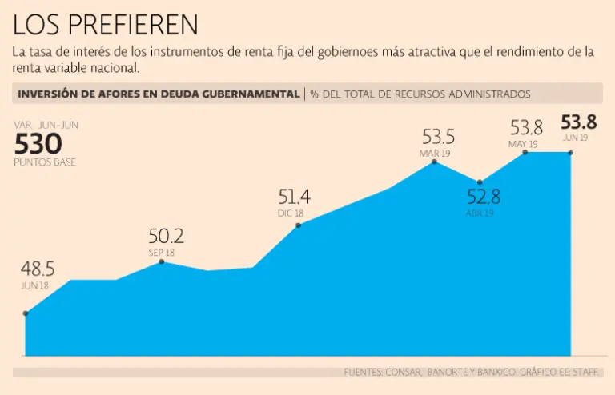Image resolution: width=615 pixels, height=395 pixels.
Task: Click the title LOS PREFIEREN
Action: (106, 25)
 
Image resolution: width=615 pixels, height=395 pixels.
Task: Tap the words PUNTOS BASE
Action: (46, 162)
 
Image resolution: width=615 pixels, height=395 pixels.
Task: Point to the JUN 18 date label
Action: (35, 285)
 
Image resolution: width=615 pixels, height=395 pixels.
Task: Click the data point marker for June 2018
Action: (26, 313)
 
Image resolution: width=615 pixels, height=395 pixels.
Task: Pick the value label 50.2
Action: (166, 236)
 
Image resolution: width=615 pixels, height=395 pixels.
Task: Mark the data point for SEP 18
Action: (162, 261)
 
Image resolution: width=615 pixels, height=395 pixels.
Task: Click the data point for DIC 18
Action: (298, 225)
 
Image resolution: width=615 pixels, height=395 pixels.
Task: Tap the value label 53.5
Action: (438, 136)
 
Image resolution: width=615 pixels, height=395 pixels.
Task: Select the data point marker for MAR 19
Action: (435, 162)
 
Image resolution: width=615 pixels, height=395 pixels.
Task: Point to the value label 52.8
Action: (483, 197)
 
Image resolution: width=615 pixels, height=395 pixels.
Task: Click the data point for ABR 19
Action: (480, 182)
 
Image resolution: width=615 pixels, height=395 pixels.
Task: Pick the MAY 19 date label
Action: (522, 144)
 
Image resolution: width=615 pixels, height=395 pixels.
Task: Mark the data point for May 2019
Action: (525, 152)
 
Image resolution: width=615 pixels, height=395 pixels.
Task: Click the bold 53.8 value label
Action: (579, 122)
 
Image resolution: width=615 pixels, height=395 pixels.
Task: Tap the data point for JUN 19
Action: (571, 152)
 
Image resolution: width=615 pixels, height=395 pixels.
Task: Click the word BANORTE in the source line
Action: (452, 372)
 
